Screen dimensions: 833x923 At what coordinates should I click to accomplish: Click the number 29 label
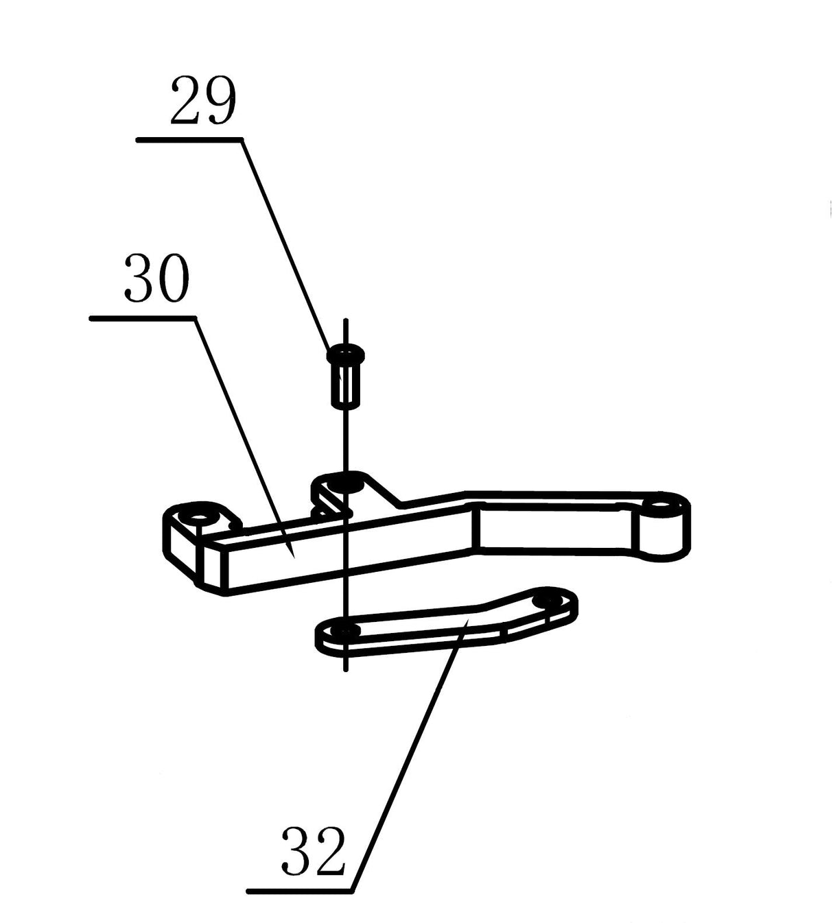203,101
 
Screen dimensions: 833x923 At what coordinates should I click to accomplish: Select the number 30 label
156,278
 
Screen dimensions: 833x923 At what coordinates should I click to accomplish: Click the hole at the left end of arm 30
200,514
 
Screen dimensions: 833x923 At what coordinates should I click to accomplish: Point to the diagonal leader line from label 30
244,432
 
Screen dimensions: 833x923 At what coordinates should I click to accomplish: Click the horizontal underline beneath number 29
189,140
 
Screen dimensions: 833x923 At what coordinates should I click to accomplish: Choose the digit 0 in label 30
172,278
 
